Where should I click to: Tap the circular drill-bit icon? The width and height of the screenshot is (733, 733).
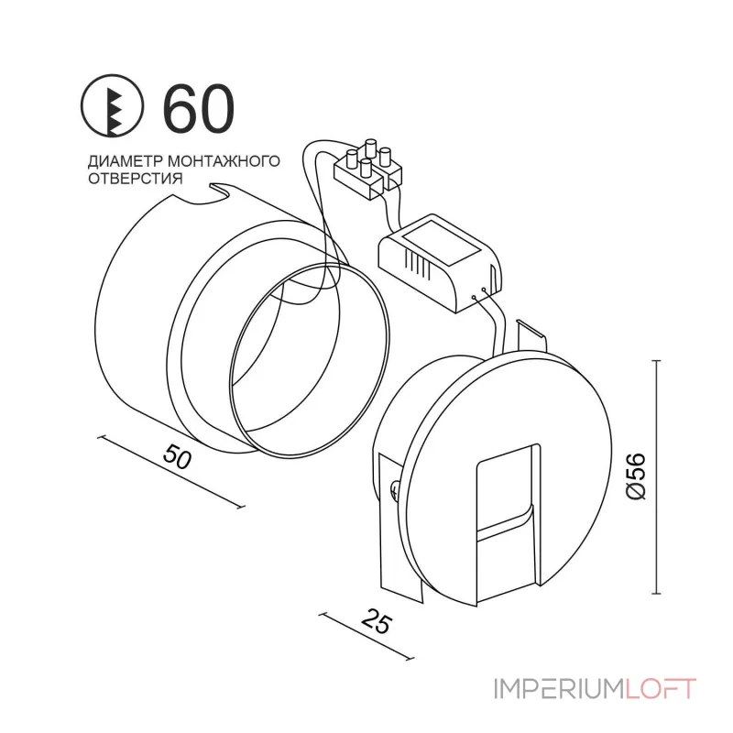(x=114, y=108)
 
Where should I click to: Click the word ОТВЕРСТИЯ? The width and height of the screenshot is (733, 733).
(x=131, y=178)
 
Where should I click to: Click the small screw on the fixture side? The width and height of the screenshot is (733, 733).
(x=393, y=492)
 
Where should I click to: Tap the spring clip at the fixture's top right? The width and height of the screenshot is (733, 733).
(x=531, y=336)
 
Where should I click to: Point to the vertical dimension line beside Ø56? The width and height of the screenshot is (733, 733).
(x=656, y=476)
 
